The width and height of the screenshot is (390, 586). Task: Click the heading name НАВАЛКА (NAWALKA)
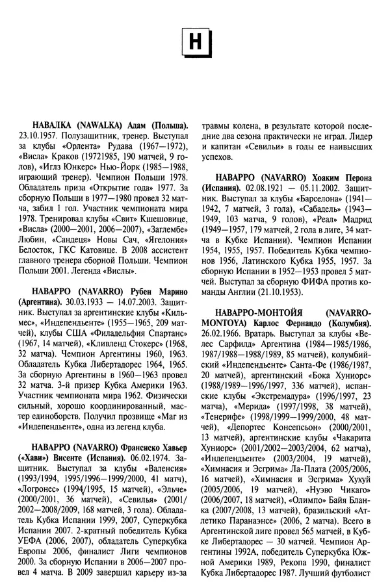click(79, 124)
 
